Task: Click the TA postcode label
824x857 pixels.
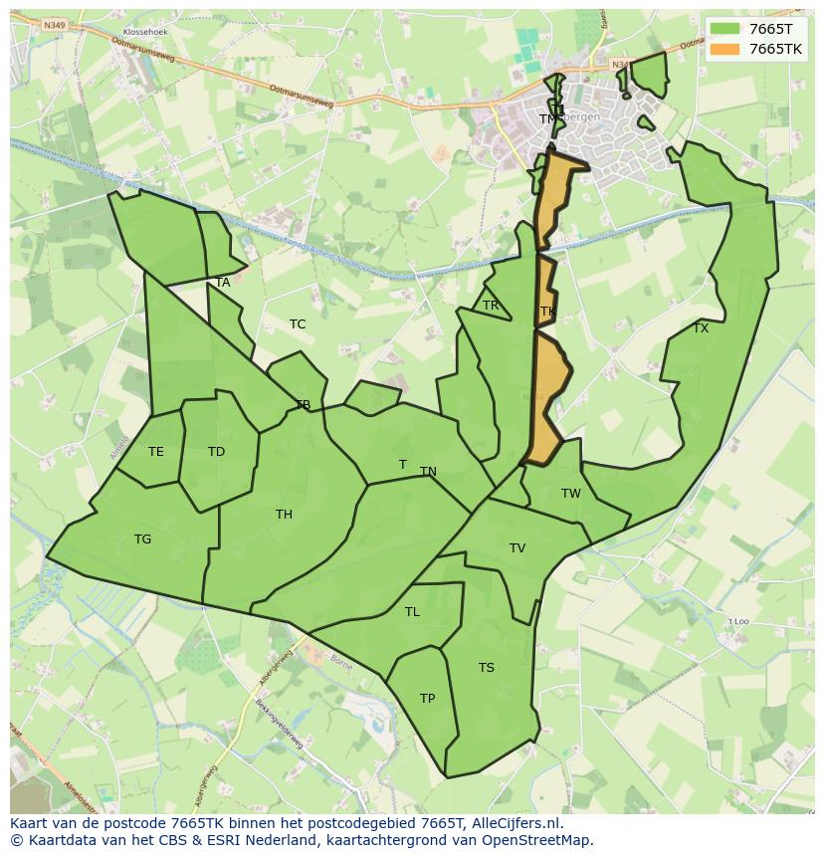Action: (223, 283)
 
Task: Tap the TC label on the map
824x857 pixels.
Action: (298, 324)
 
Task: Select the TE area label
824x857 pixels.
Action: (156, 452)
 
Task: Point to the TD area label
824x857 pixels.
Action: (216, 452)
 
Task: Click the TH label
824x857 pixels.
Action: (284, 515)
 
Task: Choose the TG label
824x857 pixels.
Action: (143, 539)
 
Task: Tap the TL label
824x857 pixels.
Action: (412, 612)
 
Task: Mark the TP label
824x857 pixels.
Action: (427, 699)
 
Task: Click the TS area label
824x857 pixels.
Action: (486, 668)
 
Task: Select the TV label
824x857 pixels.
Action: (517, 548)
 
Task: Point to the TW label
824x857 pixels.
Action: (570, 494)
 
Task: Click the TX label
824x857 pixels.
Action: (701, 328)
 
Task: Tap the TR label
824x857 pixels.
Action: (491, 306)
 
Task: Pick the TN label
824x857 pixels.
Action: (428, 472)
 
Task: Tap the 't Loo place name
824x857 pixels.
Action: (737, 621)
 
